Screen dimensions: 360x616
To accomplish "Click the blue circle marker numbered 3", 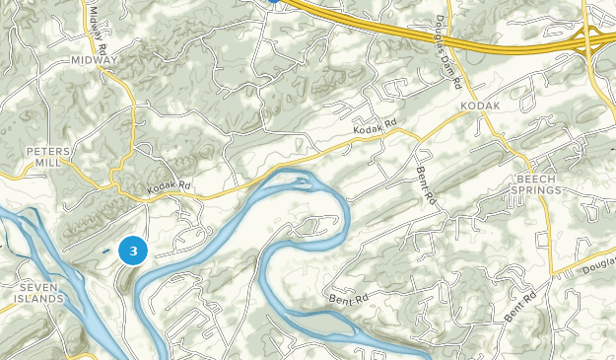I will click(x=133, y=252).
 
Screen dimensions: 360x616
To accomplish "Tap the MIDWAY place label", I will click(x=95, y=60).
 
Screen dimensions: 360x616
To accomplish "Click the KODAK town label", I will click(x=479, y=106).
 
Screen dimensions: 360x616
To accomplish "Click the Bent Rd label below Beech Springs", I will click(x=519, y=306).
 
